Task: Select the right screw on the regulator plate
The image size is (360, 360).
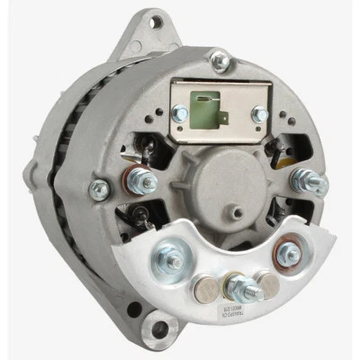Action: [x=259, y=113]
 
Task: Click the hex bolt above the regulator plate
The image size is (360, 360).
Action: [x=218, y=60]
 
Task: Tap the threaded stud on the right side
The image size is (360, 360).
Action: [x=309, y=184]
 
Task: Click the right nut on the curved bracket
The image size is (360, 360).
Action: [x=290, y=253]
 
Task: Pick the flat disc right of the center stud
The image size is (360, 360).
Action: [x=266, y=286]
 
